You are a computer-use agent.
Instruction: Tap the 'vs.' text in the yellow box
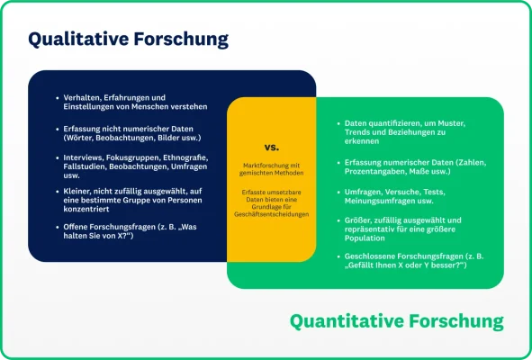coord(271,147)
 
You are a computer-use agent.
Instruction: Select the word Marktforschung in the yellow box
coord(260,166)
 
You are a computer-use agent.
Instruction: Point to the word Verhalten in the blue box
coord(81,97)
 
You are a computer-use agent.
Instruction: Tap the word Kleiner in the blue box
coord(77,190)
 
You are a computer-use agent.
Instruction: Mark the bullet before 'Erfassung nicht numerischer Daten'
coord(56,130)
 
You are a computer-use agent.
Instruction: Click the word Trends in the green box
coord(359,132)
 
